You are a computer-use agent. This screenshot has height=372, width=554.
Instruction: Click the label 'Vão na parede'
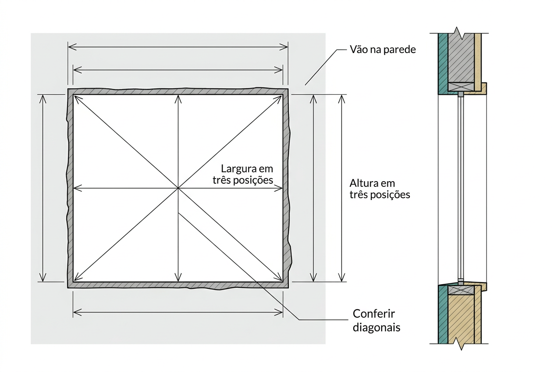(383, 50)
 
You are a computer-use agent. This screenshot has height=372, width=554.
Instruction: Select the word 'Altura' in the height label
(362, 183)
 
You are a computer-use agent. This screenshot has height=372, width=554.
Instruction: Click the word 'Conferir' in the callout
(374, 314)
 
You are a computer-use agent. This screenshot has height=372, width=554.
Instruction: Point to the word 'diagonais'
(376, 327)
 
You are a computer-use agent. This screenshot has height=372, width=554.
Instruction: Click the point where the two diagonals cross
(178, 188)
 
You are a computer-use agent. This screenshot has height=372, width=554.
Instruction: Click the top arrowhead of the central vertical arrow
(178, 99)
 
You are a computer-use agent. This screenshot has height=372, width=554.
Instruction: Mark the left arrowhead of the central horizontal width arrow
(78, 188)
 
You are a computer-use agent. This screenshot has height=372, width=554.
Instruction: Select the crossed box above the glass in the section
(461, 86)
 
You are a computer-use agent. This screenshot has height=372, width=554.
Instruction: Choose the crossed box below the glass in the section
(461, 290)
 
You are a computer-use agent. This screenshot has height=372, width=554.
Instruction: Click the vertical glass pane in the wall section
(461, 188)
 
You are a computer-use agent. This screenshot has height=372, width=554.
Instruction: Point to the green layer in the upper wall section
(443, 64)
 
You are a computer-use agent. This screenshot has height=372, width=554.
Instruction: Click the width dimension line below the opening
(178, 313)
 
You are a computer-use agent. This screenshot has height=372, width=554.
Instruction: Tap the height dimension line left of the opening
(43, 188)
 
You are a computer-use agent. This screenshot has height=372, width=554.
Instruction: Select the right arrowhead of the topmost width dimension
(284, 47)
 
